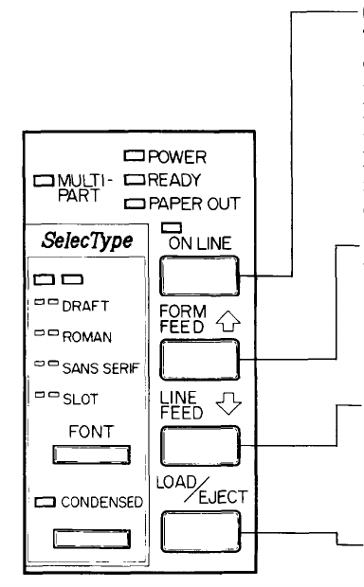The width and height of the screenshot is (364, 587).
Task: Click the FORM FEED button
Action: click(200, 360)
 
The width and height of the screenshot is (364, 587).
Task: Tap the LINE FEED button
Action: click(200, 446)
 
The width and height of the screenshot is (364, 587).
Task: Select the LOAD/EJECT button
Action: click(201, 531)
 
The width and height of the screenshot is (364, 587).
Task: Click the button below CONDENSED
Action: click(92, 539)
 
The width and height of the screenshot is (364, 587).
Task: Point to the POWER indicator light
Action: click(134, 155)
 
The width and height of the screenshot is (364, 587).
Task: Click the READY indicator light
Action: click(135, 180)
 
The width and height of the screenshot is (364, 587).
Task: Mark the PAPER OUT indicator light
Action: click(135, 204)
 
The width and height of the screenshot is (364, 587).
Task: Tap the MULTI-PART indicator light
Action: click(44, 181)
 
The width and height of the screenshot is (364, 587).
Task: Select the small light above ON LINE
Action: click(172, 227)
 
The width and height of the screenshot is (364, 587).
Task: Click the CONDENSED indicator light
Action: click(45, 502)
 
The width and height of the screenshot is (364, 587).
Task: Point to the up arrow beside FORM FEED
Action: click(228, 321)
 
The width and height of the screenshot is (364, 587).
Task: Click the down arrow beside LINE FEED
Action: click(228, 403)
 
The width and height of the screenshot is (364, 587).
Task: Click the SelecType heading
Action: click(87, 240)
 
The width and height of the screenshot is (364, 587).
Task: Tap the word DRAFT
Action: click(85, 306)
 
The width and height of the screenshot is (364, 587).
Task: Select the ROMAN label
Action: click(87, 337)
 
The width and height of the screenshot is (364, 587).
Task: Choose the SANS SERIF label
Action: click(100, 368)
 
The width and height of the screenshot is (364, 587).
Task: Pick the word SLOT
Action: click(81, 400)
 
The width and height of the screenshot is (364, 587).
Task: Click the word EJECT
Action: click(223, 497)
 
